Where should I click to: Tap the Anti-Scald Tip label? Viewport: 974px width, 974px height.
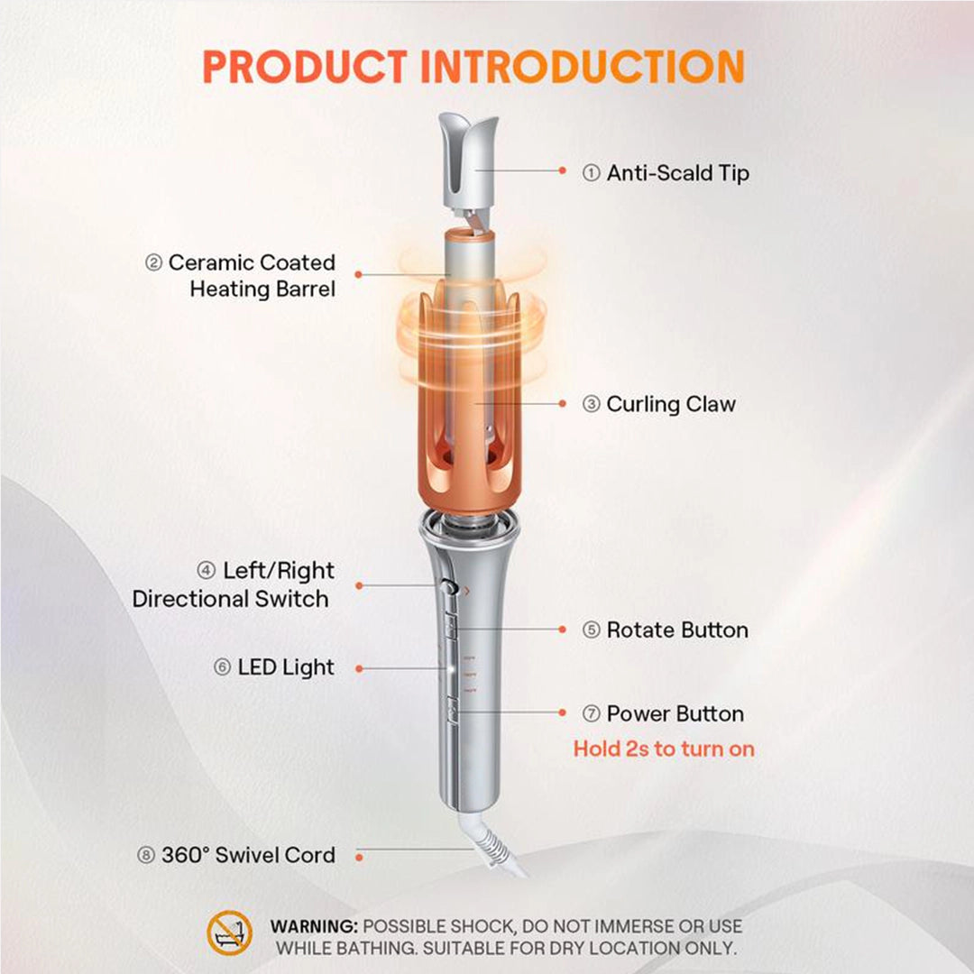pyautogui.click(x=676, y=172)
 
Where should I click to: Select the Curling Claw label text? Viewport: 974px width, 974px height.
pyautogui.click(x=670, y=404)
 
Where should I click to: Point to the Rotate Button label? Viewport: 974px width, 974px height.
pyautogui.click(x=676, y=629)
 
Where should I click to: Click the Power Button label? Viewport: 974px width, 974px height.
pyautogui.click(x=675, y=714)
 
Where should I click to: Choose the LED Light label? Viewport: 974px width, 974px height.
pyautogui.click(x=285, y=667)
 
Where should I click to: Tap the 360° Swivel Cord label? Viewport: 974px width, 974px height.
pyautogui.click(x=247, y=855)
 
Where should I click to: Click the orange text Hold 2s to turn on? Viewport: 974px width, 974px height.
pyautogui.click(x=664, y=749)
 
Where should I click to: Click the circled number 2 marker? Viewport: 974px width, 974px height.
pyautogui.click(x=153, y=263)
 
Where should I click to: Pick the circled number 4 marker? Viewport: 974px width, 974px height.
pyautogui.click(x=207, y=571)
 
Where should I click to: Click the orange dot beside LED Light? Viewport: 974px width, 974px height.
pyautogui.click(x=359, y=668)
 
